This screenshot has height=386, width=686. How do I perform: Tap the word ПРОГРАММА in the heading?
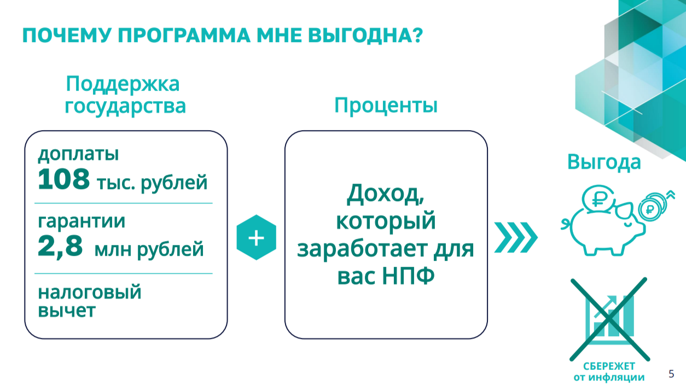tap(184, 35)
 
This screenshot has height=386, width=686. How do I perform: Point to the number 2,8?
tap(60, 247)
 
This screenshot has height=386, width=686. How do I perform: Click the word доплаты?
tap(78, 154)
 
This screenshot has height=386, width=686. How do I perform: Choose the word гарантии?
tap(82, 221)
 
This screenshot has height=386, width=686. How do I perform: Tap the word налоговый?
tap(89, 292)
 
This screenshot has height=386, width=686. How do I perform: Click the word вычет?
tap(67, 311)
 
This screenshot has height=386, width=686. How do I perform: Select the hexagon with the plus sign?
tap(257, 237)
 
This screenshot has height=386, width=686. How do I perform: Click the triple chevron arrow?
tap(516, 237)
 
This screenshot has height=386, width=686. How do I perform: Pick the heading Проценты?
tap(386, 106)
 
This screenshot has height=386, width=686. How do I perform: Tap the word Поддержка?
tap(123, 84)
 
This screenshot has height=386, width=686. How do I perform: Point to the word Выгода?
tap(604, 162)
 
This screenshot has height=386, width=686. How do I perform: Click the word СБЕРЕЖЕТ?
tap(609, 366)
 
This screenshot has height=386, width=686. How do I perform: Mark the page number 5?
tap(671, 374)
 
